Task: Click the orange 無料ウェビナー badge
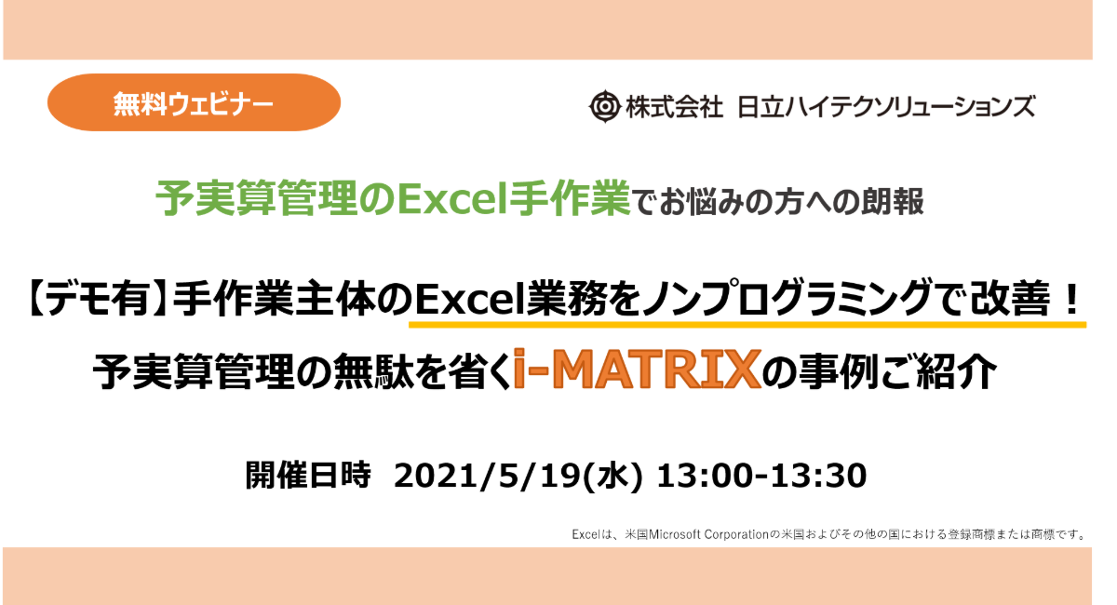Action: pyautogui.click(x=194, y=102)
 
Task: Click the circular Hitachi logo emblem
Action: pyautogui.click(x=604, y=106)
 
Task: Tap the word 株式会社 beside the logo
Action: pyautogui.click(x=674, y=107)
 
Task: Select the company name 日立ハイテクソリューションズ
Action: pyautogui.click(x=886, y=107)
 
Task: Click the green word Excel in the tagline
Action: pyautogui.click(x=448, y=199)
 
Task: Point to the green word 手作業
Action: pyautogui.click(x=564, y=199)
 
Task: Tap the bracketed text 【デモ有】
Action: pyautogui.click(x=97, y=300)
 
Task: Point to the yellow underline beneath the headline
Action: pyautogui.click(x=747, y=325)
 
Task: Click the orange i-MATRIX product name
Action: pyautogui.click(x=638, y=370)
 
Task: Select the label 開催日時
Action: pyautogui.click(x=308, y=475)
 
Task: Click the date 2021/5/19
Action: pyautogui.click(x=488, y=476)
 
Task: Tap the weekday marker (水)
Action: pyautogui.click(x=612, y=476)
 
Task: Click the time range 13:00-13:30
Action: pyautogui.click(x=761, y=476)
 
